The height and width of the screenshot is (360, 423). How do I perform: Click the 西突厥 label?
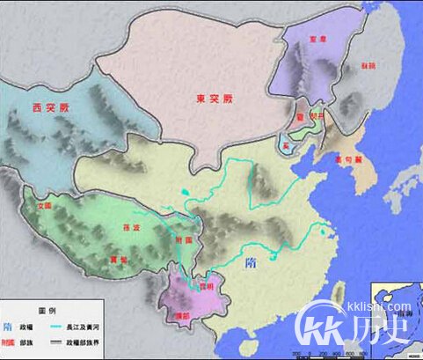tap(48, 110)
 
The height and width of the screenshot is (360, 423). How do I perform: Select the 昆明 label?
tap(205, 286)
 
